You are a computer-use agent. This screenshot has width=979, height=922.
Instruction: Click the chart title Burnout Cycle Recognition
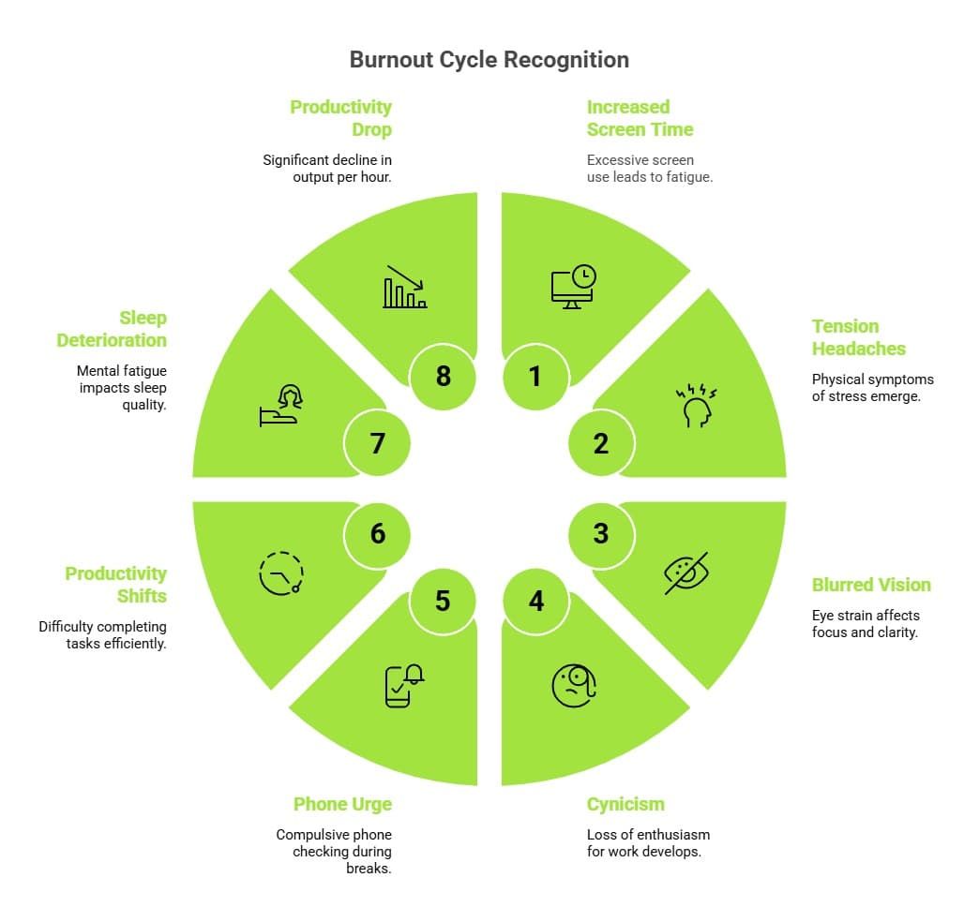tap(489, 60)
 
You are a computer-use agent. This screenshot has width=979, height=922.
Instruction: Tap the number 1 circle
tap(535, 376)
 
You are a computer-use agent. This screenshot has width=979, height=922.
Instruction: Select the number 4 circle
tap(535, 600)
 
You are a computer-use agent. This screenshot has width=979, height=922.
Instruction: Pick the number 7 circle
tap(377, 442)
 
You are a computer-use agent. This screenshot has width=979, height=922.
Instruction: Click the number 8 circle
tap(444, 376)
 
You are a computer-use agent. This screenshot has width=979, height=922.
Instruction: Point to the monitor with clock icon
tap(573, 287)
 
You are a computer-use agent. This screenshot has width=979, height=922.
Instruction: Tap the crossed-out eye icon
tap(687, 572)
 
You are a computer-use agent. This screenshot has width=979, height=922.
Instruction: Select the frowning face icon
tap(574, 685)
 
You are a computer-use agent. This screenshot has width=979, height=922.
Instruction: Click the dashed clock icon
tap(281, 573)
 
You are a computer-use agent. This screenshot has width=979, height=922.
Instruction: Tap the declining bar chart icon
tap(405, 287)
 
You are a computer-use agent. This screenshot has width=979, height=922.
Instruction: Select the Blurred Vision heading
tap(871, 585)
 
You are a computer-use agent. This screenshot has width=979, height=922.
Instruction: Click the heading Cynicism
tap(625, 804)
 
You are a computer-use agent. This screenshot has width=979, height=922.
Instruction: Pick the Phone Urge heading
tap(342, 804)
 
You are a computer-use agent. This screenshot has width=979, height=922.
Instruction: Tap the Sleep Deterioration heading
tap(112, 329)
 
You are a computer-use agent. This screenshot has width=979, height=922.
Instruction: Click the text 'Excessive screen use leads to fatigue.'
tap(650, 168)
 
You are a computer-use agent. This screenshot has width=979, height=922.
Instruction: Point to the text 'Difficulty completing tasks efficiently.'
tap(102, 634)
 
